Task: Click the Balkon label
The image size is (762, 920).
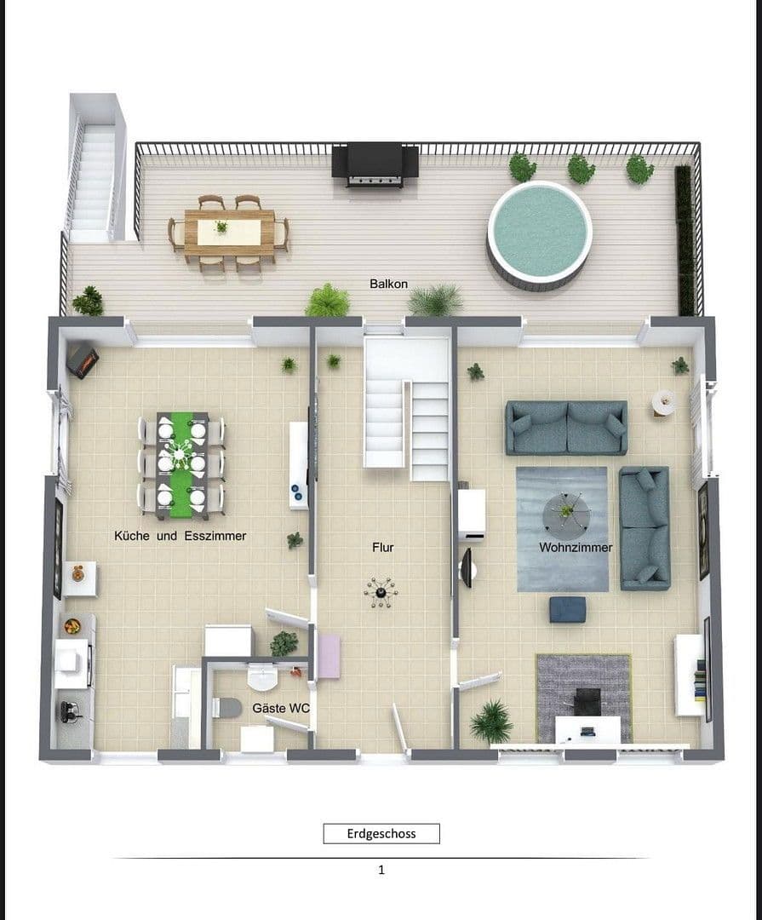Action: point(388,284)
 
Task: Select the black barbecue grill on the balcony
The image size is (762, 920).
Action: point(375,164)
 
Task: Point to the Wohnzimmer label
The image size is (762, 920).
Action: point(576,548)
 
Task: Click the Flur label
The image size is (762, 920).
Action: point(383,548)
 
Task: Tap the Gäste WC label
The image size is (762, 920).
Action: point(281,709)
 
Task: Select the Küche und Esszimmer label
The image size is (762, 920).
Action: point(180,536)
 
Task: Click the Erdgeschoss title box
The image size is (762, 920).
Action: point(381,833)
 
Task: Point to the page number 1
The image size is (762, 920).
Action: point(381,870)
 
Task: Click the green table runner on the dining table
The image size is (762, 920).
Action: point(181,465)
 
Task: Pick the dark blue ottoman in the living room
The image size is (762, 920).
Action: point(567,609)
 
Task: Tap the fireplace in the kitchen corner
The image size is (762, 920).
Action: point(83,360)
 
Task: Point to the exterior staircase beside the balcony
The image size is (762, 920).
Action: point(92,179)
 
